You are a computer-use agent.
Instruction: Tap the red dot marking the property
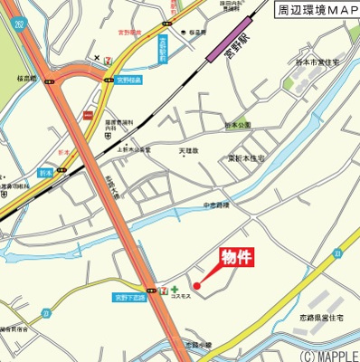point(197,287)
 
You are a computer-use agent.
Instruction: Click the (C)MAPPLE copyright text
point(328,355)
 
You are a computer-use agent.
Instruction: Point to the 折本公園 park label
point(238,125)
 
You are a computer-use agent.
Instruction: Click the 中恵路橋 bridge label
point(217,205)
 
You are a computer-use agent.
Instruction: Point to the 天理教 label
point(187,151)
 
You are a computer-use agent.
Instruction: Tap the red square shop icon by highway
point(88,115)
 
